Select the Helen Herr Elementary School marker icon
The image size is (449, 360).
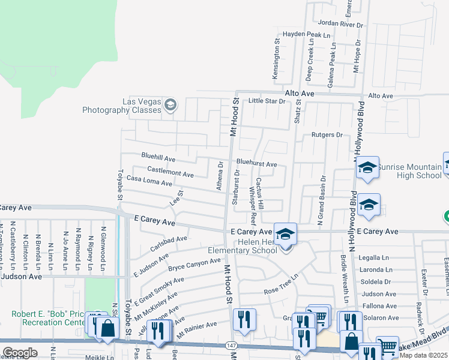286,233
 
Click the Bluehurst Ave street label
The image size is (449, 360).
256,163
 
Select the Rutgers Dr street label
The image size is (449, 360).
327,135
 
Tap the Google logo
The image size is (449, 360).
20,353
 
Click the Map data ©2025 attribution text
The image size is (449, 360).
424,355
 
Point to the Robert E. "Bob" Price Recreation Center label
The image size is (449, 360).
47,319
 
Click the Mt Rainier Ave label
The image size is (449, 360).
199,326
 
